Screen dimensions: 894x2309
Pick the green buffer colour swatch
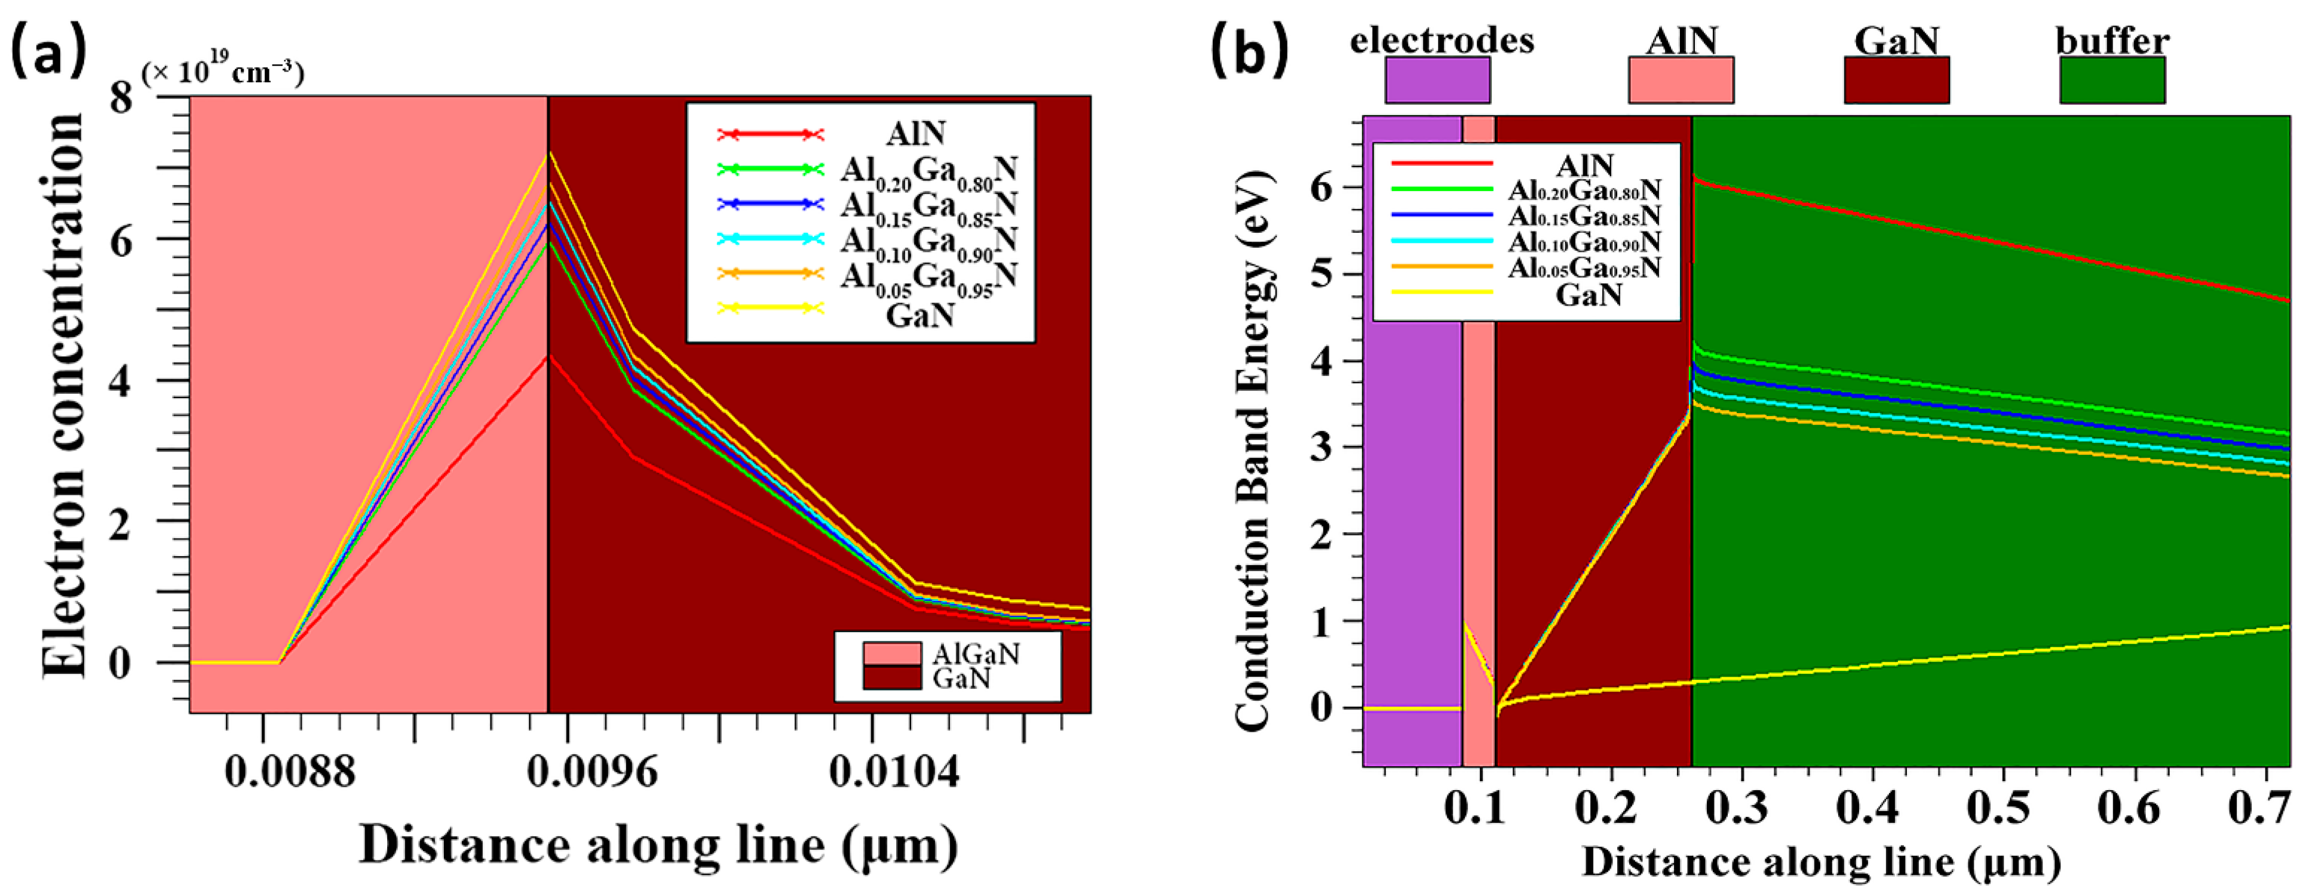[x=2112, y=80]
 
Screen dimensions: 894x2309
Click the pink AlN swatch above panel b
[x=1681, y=80]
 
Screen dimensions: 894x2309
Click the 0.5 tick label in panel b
[x=2001, y=808]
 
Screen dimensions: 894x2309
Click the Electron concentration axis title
[x=65, y=394]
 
